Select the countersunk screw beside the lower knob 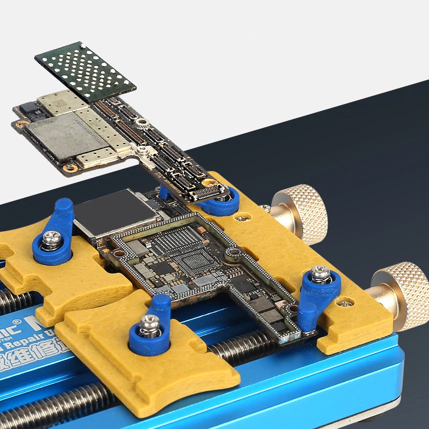[346, 304]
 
